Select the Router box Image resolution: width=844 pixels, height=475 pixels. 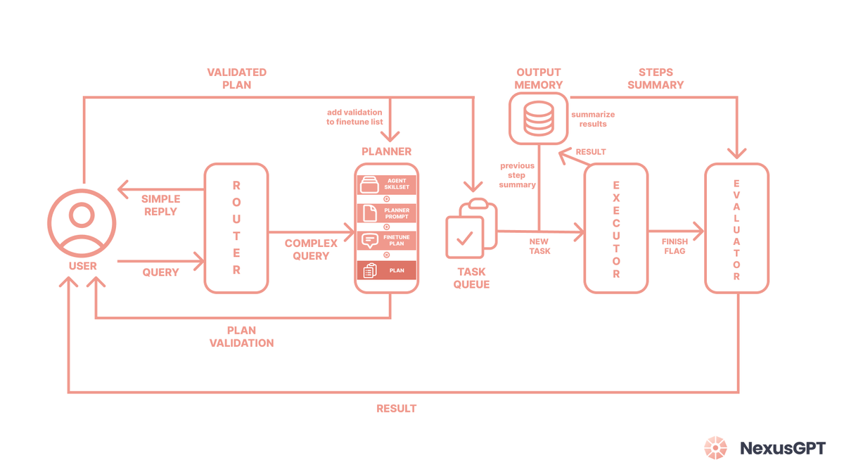click(236, 228)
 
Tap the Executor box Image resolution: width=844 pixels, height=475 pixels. click(615, 228)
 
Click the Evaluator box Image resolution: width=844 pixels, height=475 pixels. click(736, 228)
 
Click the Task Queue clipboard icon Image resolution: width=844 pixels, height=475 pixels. click(471, 230)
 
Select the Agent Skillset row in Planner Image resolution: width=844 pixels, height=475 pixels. click(387, 185)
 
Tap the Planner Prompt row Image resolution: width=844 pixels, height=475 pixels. click(387, 213)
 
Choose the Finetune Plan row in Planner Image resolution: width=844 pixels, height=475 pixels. click(387, 241)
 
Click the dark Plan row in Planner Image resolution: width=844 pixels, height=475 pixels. click(387, 270)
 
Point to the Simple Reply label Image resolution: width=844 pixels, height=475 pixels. click(160, 205)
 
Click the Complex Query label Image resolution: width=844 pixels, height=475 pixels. click(311, 249)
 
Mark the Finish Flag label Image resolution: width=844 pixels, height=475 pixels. click(674, 246)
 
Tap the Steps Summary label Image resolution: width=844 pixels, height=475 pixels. click(656, 78)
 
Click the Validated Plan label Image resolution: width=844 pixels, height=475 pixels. click(236, 78)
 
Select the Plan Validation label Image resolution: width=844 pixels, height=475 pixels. click(241, 336)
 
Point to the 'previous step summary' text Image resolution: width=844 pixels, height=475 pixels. click(517, 175)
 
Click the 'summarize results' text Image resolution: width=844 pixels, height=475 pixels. click(593, 119)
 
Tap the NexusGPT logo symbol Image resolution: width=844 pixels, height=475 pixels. click(717, 448)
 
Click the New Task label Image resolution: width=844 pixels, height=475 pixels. click(539, 246)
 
